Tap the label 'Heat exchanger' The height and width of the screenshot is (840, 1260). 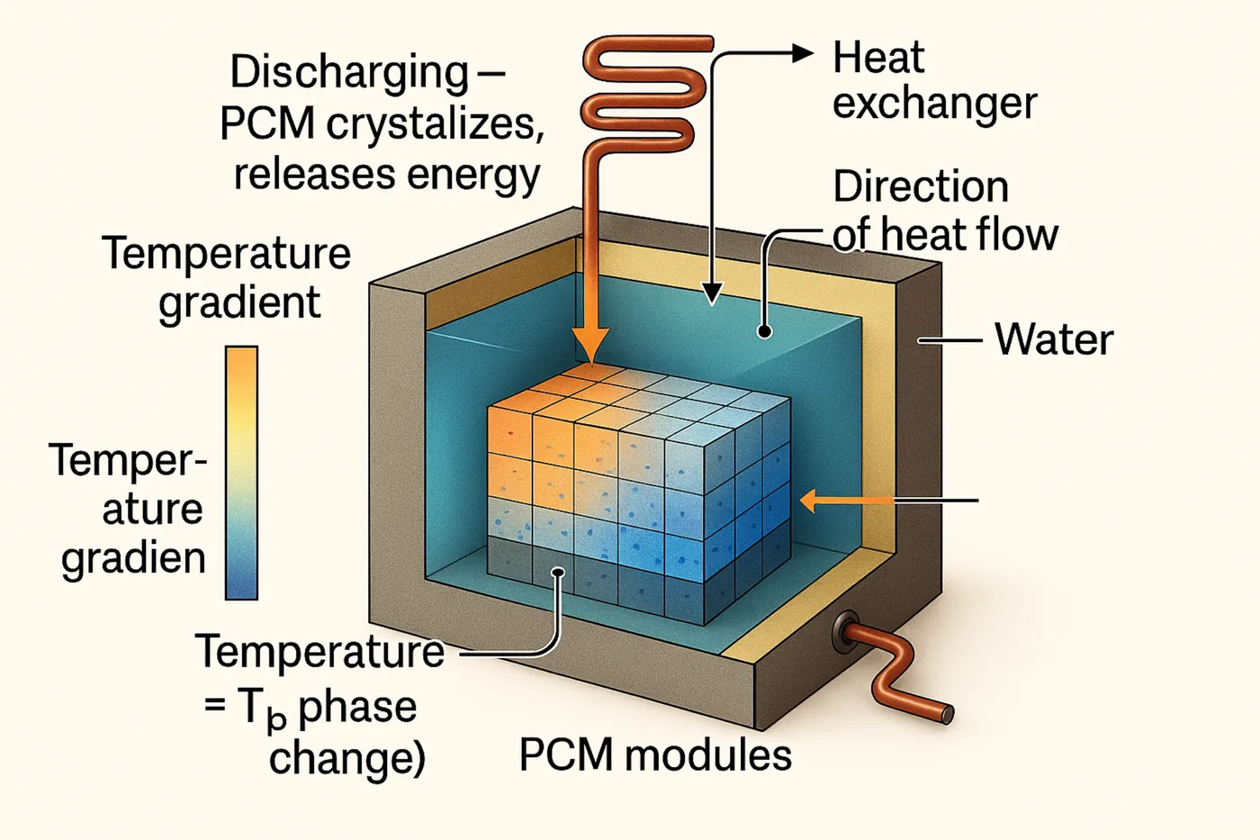(x=933, y=81)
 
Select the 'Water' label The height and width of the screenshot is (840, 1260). (x=1053, y=339)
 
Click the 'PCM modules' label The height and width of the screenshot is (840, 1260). (x=655, y=754)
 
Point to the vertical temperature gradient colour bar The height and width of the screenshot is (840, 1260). (x=241, y=473)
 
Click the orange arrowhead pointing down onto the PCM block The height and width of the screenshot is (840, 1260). (x=590, y=347)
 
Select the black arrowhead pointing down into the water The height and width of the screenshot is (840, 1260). (x=712, y=293)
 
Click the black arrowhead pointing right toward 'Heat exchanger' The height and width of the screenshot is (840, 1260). (x=802, y=53)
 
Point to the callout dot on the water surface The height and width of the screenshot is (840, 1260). (x=764, y=331)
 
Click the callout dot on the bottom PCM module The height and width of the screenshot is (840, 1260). (x=558, y=572)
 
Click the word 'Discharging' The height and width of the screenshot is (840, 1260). (x=349, y=72)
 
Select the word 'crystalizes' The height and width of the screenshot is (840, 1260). (x=435, y=123)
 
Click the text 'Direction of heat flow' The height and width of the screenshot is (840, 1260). (x=944, y=211)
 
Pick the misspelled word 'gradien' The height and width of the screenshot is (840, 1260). (x=133, y=558)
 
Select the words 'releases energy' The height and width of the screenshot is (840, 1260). (x=386, y=175)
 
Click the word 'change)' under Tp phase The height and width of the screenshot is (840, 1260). (x=346, y=757)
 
